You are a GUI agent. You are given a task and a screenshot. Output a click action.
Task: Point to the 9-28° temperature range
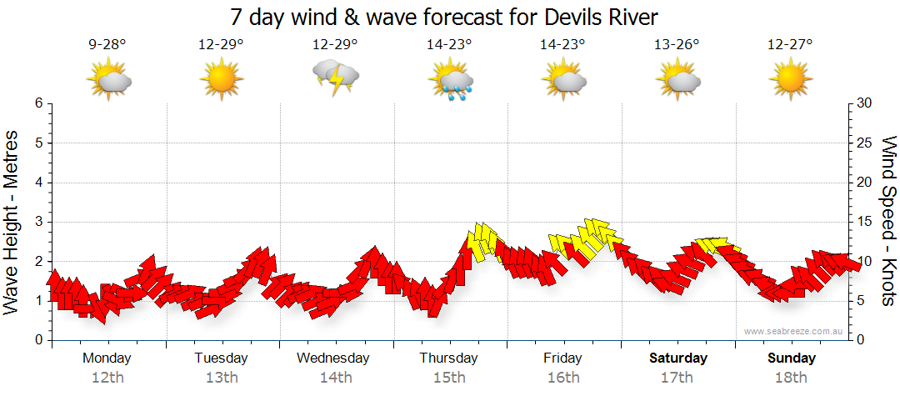tap(107, 45)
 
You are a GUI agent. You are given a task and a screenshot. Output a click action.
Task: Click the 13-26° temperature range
tap(676, 45)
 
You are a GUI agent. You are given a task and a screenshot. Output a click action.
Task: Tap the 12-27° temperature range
tap(790, 45)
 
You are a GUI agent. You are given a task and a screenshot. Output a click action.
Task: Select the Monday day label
tap(107, 358)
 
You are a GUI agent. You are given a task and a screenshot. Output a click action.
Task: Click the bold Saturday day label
tap(677, 358)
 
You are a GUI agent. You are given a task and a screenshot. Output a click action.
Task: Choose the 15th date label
tap(449, 378)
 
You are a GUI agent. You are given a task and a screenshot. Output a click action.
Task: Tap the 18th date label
tap(791, 378)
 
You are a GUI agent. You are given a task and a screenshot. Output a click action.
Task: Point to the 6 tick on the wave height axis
tap(37, 103)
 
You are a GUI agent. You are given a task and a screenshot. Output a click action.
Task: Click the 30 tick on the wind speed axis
tap(865, 103)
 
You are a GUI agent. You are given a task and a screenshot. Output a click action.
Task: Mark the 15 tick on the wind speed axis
tap(865, 222)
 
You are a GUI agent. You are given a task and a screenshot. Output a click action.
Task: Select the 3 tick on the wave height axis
tap(37, 222)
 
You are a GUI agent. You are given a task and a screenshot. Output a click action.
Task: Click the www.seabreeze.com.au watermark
tap(795, 332)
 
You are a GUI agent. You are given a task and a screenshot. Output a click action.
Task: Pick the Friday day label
tap(562, 358)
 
